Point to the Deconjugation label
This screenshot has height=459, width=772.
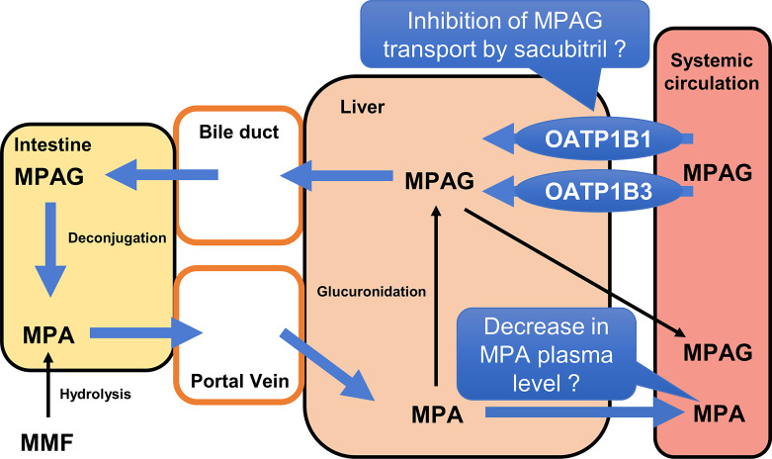click(x=102, y=238)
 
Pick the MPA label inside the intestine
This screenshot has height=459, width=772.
click(x=48, y=333)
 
